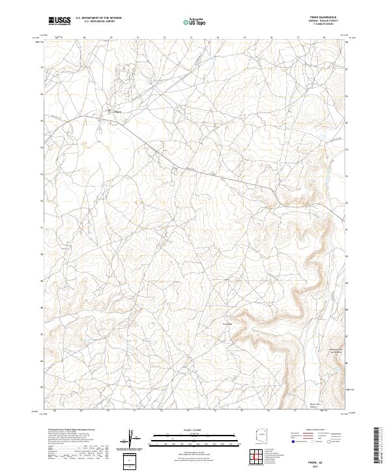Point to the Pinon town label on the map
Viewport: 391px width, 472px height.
[x=117, y=111]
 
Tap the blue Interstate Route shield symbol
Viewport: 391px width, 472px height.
[x=293, y=441]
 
